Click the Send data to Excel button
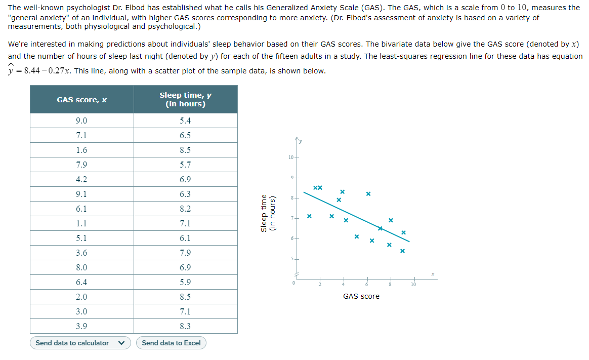click(171, 343)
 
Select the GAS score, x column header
click(82, 100)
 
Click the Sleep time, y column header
click(185, 99)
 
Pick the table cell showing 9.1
click(81, 194)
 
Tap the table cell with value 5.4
click(185, 121)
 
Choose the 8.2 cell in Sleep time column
click(185, 209)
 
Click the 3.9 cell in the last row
click(81, 326)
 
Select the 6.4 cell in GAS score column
click(81, 282)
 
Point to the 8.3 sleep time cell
click(185, 326)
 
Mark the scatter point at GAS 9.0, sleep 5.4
click(402, 251)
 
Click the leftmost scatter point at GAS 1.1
click(309, 216)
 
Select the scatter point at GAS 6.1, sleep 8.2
click(368, 194)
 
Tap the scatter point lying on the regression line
click(381, 228)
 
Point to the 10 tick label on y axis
click(290, 158)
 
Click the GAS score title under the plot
click(361, 296)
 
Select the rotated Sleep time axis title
click(267, 213)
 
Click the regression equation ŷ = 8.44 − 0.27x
click(40, 71)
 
